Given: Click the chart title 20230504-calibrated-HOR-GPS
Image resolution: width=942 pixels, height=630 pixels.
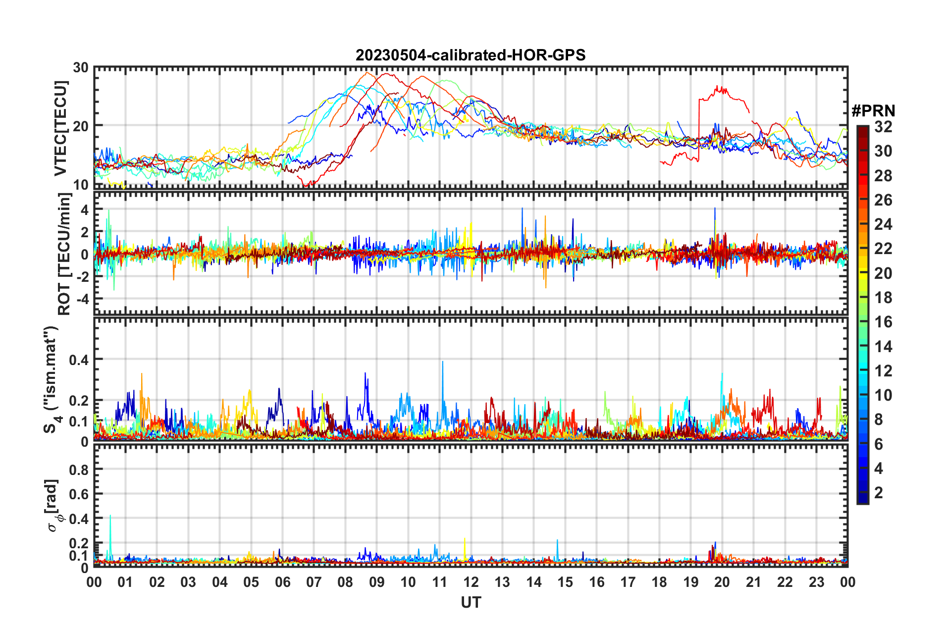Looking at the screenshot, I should click(x=471, y=55).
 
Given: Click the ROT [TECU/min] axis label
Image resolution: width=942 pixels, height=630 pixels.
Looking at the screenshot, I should click(x=64, y=254).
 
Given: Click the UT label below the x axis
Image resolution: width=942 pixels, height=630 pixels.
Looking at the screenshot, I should click(x=471, y=602).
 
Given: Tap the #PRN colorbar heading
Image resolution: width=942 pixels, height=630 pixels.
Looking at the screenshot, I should click(x=873, y=111).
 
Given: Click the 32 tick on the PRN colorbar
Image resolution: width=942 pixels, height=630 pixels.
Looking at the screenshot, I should click(x=883, y=127).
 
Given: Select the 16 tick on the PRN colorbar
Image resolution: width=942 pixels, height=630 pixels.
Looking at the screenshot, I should click(x=883, y=322).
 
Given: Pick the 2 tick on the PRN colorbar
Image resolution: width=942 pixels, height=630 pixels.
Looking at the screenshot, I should click(x=879, y=492).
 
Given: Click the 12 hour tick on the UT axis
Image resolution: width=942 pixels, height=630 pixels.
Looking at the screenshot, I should click(x=471, y=581).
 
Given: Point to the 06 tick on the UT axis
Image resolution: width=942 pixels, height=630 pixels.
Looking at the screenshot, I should click(x=282, y=581).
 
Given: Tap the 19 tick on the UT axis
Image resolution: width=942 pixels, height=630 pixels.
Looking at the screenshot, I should click(x=691, y=581).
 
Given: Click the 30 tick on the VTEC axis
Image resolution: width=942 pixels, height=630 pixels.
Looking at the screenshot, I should click(x=81, y=68).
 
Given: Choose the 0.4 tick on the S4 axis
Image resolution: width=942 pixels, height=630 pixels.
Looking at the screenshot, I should click(x=79, y=360).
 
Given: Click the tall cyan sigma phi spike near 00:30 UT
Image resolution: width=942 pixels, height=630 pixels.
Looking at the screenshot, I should click(x=110, y=516).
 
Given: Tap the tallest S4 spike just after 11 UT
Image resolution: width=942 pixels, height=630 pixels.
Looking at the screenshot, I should click(x=442, y=362).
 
